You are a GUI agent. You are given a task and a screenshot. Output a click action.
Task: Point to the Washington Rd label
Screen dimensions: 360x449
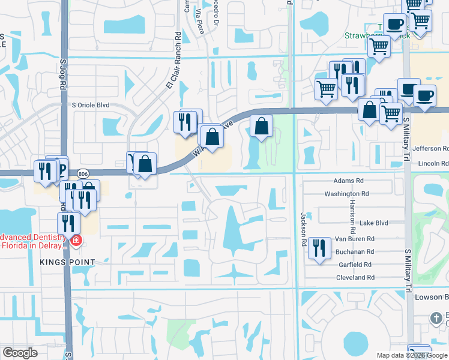click(346, 194)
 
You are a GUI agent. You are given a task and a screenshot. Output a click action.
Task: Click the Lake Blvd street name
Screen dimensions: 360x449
click(373, 223)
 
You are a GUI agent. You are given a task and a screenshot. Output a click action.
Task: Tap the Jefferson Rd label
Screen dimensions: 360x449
click(430, 148)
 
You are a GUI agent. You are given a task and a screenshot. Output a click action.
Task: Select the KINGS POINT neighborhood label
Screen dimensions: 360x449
click(68, 262)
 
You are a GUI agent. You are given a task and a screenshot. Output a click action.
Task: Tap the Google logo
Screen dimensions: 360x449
click(20, 353)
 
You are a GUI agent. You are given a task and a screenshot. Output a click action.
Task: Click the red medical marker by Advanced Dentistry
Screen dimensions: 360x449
click(76, 241)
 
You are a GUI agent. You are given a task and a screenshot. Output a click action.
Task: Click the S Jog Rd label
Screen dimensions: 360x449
click(63, 74)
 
